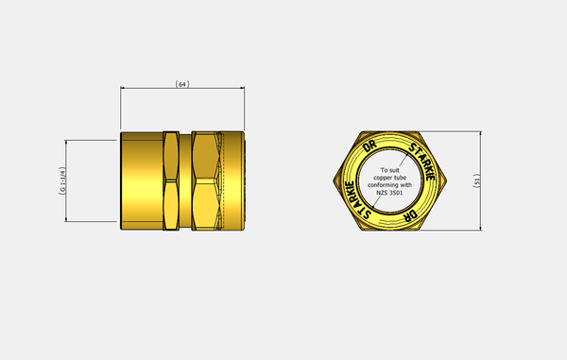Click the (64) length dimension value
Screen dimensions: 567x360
coord(182,84)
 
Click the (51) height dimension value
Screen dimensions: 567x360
coord(477,180)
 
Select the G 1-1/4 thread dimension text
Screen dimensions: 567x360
coord(62,180)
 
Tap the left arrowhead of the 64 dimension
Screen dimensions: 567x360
coord(123,88)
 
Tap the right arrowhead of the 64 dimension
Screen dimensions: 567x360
coord(242,88)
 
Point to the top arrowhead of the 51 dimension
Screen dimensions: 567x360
coord(481,134)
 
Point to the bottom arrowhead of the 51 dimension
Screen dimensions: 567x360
coord(481,228)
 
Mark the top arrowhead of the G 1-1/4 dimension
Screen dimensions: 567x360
coord(66,143)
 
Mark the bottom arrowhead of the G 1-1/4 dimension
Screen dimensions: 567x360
coord(66,219)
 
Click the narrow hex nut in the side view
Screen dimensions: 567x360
coord(171,180)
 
